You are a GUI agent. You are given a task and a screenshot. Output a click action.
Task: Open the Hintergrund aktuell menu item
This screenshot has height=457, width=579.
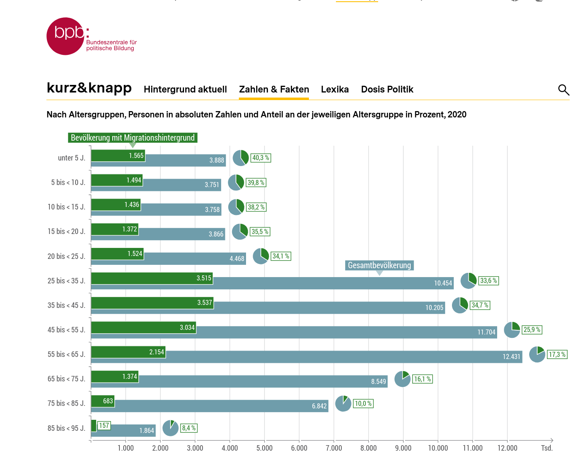(x=185, y=90)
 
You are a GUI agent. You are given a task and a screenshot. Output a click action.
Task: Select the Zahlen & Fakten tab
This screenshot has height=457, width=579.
(x=274, y=90)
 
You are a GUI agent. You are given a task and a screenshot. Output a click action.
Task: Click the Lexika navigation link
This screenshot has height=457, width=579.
(x=335, y=90)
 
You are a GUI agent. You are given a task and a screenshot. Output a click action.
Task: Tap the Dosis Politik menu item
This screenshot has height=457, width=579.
(x=387, y=90)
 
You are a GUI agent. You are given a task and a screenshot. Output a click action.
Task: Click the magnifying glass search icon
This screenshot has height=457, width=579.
(x=563, y=90)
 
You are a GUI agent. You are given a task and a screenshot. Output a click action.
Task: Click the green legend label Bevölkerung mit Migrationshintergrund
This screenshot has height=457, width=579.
(x=133, y=138)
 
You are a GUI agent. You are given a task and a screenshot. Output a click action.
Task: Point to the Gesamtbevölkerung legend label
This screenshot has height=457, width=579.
(x=379, y=265)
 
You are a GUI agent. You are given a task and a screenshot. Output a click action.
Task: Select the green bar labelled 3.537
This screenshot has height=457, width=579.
(x=152, y=302)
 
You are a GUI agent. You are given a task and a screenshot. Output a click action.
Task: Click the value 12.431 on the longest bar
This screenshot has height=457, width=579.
(x=511, y=357)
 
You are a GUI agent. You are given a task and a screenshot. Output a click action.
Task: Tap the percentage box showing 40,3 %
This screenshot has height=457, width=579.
(x=260, y=158)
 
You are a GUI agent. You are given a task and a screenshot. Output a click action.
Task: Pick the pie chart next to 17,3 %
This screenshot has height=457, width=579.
(x=537, y=354)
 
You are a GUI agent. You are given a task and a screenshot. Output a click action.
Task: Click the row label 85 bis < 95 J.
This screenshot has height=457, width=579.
(x=66, y=428)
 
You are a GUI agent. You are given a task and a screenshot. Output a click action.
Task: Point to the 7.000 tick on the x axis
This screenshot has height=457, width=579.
(x=334, y=448)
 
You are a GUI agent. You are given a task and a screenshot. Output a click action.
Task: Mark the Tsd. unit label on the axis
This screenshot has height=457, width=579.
(x=547, y=448)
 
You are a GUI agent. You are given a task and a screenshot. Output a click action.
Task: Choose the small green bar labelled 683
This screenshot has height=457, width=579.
(x=103, y=401)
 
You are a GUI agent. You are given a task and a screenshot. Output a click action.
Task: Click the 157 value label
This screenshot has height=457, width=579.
(x=104, y=425)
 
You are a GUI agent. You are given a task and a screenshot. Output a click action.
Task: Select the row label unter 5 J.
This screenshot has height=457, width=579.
(x=71, y=158)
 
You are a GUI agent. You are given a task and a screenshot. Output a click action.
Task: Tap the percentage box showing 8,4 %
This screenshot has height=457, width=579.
(x=189, y=428)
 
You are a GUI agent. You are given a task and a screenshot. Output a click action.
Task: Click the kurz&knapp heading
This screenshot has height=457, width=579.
(x=89, y=88)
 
